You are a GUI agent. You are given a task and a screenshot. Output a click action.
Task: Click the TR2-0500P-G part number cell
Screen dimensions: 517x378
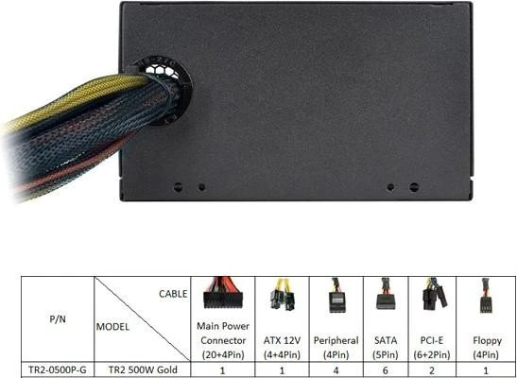click(x=58, y=369)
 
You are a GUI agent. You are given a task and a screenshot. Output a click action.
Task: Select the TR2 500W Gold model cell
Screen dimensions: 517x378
click(x=143, y=369)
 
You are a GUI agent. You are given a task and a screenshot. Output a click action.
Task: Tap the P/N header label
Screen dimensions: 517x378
click(x=58, y=319)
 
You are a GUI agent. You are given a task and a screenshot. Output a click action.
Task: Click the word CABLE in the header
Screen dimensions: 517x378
click(x=173, y=294)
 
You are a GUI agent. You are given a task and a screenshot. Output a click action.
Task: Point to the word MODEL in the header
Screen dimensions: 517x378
click(x=112, y=327)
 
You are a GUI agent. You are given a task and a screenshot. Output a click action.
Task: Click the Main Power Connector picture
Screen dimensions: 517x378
click(x=222, y=293)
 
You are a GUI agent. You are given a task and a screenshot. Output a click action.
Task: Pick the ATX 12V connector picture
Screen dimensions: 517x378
click(x=283, y=294)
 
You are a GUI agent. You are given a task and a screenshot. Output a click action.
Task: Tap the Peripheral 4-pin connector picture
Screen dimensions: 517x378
click(x=337, y=295)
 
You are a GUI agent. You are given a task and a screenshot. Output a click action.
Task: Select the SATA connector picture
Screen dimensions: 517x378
click(x=385, y=294)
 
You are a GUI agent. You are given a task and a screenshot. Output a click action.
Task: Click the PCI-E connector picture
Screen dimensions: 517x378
click(x=435, y=294)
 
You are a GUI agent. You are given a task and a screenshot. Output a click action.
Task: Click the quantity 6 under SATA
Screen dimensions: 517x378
click(x=385, y=370)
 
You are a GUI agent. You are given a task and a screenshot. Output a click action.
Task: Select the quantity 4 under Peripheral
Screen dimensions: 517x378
click(x=336, y=370)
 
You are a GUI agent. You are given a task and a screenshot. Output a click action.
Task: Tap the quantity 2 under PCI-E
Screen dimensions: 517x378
click(x=432, y=370)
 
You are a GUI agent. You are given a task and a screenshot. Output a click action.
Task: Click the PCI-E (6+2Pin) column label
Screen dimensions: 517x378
click(x=432, y=348)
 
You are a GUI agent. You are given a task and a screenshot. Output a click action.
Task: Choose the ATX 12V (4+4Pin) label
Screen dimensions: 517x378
click(x=282, y=348)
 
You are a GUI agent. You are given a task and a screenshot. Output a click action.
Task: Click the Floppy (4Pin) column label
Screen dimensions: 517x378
click(x=487, y=348)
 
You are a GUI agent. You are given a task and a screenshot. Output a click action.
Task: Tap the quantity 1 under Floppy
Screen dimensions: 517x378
click(x=486, y=370)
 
